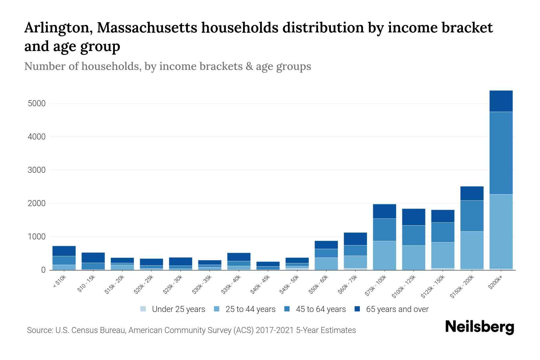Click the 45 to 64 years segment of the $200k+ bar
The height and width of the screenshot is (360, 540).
(501, 153)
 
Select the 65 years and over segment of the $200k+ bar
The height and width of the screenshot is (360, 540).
(501, 101)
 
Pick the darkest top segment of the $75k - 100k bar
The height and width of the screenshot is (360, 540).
(384, 211)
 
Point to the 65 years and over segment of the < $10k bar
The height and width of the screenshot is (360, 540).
(64, 251)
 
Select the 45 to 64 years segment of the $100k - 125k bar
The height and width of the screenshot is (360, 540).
(413, 235)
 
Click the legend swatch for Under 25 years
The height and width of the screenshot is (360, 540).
(143, 309)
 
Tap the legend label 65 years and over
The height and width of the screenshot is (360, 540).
(397, 309)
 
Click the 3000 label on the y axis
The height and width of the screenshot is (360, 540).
(37, 170)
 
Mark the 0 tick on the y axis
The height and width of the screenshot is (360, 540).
(43, 270)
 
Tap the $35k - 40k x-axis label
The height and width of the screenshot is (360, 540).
(231, 285)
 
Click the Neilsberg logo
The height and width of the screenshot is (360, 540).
(479, 327)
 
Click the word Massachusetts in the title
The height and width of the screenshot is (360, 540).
(147, 28)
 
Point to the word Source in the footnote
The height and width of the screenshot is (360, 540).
(39, 330)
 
